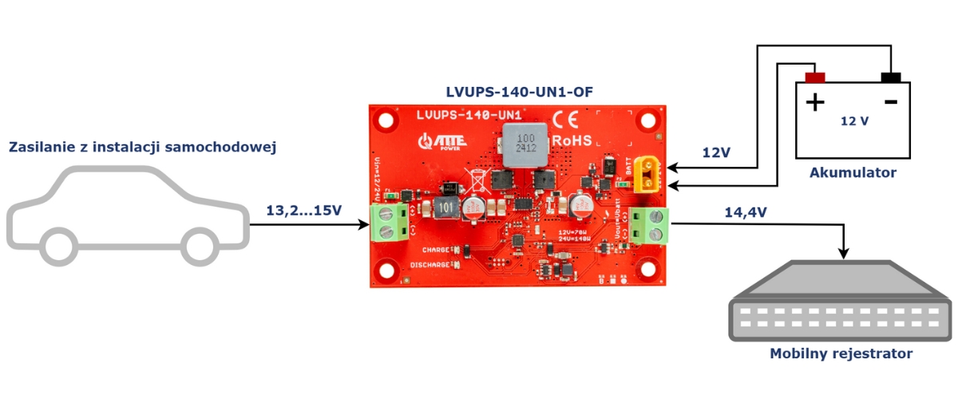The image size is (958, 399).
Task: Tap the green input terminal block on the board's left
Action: tap(389, 222)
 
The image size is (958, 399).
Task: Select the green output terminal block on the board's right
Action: tap(648, 224)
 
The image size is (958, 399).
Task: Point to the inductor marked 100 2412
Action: tap(520, 144)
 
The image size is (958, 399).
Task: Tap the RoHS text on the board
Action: tap(572, 140)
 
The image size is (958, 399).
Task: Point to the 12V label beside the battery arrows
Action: tap(716, 152)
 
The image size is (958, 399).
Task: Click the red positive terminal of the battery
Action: tap(814, 78)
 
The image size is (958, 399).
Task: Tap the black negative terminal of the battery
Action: tap(891, 77)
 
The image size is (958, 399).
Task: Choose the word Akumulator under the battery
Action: tap(853, 172)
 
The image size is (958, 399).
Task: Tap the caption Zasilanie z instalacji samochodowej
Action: tap(142, 147)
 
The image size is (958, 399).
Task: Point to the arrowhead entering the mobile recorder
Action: tap(845, 254)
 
